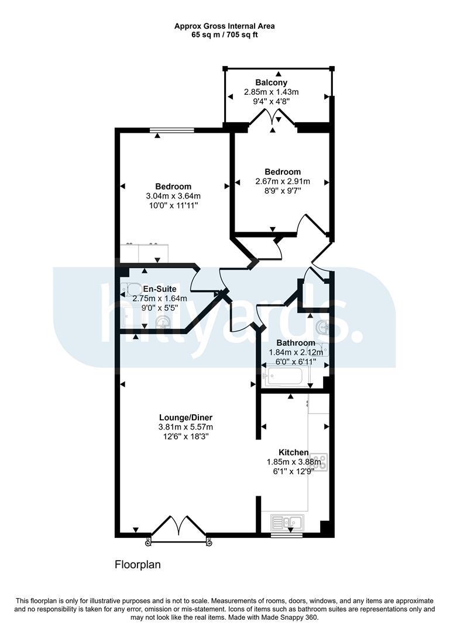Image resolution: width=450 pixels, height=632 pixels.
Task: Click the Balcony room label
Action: (x=272, y=83)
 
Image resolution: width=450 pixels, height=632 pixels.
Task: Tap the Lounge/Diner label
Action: (x=186, y=418)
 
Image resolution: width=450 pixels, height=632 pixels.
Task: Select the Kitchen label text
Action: (x=294, y=452)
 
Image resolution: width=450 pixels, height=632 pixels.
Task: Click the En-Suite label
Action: (x=160, y=289)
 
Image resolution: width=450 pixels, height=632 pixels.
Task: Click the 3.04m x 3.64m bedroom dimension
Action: (x=173, y=196)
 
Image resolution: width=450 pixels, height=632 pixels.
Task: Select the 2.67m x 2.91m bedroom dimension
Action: (x=283, y=181)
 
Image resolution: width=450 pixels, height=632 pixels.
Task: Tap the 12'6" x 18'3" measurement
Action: (x=186, y=437)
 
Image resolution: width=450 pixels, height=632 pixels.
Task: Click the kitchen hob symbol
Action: (x=322, y=462)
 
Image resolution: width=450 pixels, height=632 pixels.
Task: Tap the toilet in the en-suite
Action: (x=130, y=289)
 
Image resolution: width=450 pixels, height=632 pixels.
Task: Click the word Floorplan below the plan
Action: (x=138, y=564)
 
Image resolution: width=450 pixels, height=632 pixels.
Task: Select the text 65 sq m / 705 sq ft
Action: (x=225, y=35)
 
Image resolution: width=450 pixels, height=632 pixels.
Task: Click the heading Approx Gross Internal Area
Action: (x=225, y=26)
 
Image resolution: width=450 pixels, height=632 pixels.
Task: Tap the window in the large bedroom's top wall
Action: (x=172, y=130)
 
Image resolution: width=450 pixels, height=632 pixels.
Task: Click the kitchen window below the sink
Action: (x=287, y=535)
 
